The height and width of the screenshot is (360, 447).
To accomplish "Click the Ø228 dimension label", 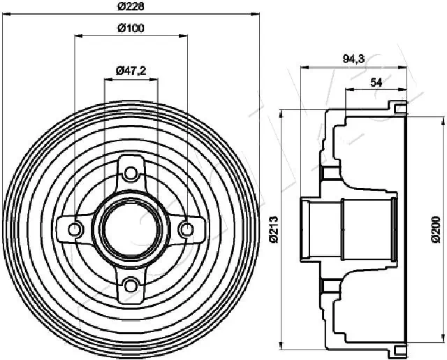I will (131, 6).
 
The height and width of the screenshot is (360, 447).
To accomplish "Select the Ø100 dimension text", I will (131, 28).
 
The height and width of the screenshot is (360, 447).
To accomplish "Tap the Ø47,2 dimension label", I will (131, 71).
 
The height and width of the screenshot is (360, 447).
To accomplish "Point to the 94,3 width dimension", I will (353, 60).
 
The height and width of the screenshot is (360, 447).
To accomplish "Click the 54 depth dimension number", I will (375, 82).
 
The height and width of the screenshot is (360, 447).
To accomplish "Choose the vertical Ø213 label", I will (273, 227).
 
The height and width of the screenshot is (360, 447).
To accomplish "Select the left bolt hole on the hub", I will (75, 228).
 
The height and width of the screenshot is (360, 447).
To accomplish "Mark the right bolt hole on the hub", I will (186, 228).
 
